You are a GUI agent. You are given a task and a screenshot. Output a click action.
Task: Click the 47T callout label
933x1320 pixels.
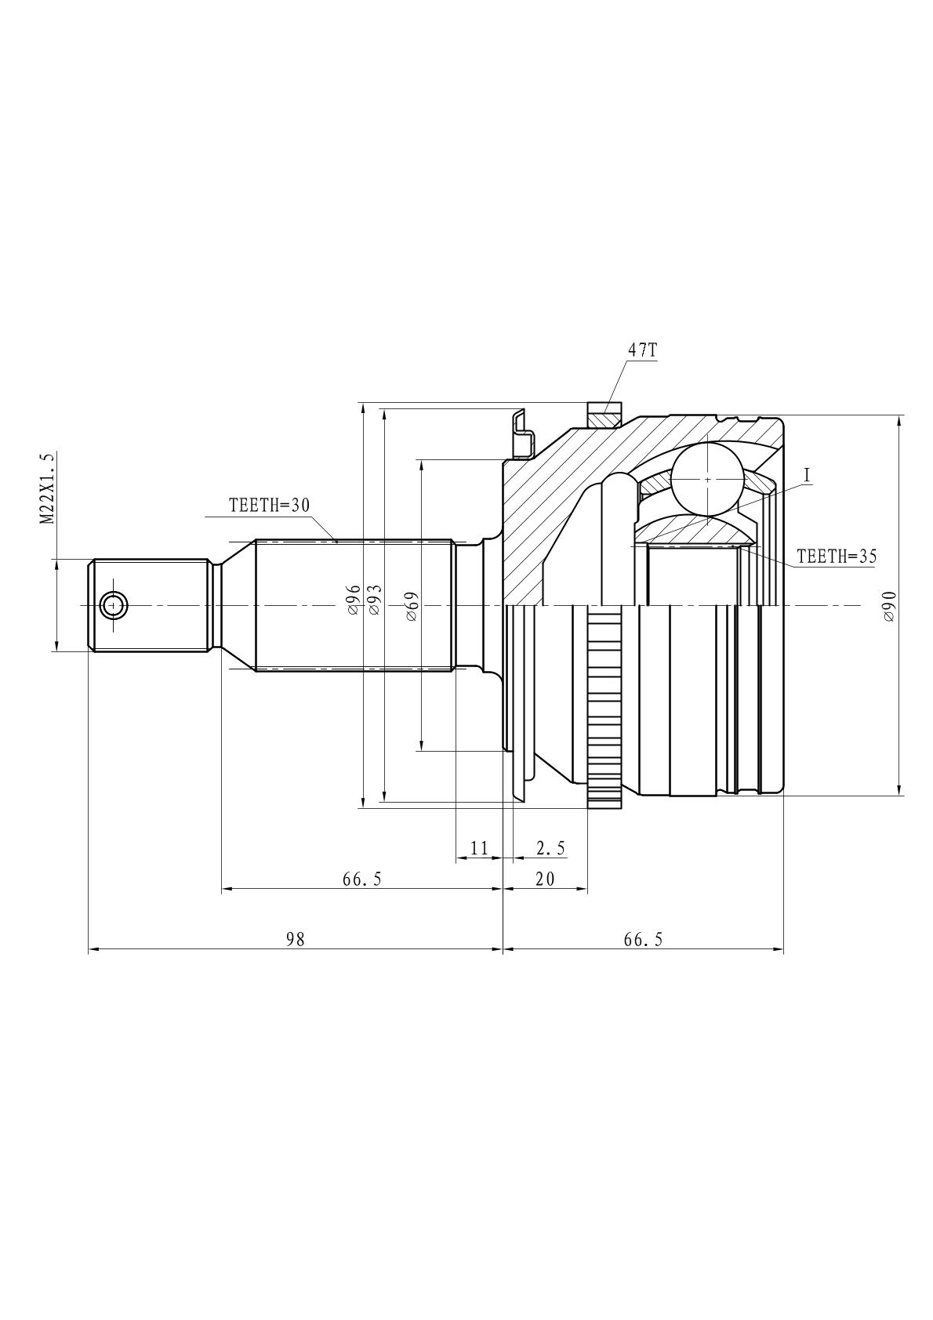642,350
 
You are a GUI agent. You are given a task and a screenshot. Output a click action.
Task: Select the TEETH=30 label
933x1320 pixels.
269,505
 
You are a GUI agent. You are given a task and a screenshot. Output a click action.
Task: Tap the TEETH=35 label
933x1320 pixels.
837,556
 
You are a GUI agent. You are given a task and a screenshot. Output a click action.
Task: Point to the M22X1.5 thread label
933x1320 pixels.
47,488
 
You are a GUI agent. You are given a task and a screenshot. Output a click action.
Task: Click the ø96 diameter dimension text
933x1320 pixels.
353,600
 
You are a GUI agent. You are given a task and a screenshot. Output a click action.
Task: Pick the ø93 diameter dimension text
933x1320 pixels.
375,600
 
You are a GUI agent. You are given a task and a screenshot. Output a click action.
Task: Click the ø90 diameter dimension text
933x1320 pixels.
889,607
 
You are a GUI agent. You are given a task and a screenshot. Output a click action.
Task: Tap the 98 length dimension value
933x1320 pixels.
296,939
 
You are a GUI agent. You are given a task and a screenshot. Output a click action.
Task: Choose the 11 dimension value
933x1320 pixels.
480,848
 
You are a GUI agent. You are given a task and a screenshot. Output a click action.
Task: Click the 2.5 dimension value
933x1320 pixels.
550,848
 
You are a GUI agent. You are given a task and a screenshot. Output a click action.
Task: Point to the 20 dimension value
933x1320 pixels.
545,879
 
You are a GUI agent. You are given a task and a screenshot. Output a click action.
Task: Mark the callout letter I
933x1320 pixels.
807,476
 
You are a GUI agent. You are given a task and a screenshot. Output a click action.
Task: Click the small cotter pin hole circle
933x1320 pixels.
113,605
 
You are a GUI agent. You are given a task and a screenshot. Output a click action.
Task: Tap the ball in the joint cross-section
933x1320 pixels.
706,479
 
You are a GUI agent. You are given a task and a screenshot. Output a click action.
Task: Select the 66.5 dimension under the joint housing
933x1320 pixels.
644,939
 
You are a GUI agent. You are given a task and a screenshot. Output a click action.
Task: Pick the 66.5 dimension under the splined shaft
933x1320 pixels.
362,879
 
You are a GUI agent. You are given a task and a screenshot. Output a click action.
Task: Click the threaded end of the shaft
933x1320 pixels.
150,605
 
